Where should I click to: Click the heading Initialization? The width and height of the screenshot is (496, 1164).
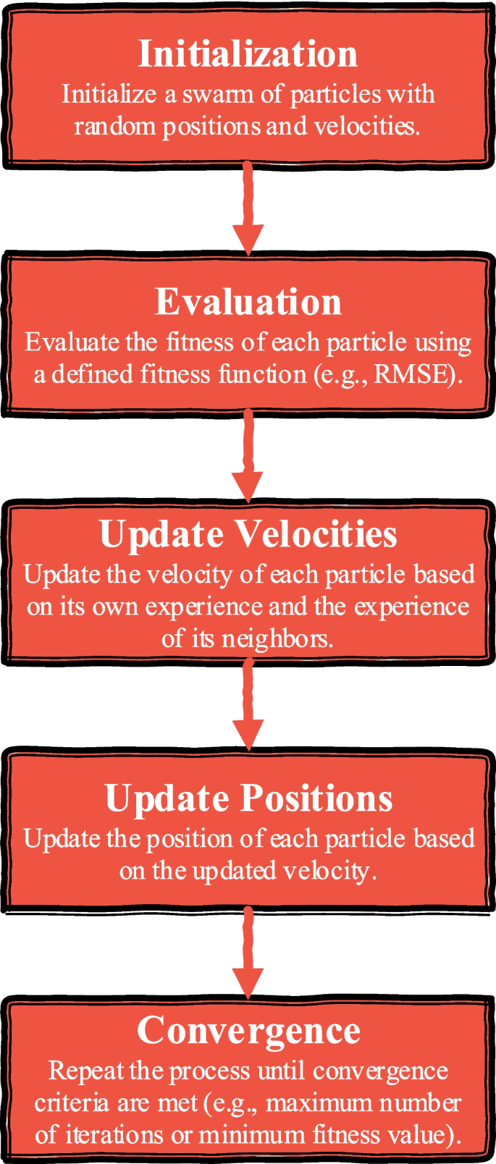tap(248, 54)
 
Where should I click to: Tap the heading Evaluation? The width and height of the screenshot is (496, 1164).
tap(248, 302)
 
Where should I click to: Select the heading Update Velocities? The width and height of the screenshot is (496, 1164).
tap(248, 534)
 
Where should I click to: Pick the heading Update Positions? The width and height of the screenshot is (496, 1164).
tap(248, 798)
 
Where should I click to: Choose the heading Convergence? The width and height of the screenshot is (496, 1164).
tap(248, 1030)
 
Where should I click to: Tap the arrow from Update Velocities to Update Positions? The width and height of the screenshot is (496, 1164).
tap(248, 706)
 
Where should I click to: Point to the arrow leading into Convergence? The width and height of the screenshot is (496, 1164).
tap(248, 953)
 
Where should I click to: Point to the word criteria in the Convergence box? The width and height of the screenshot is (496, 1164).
tap(70, 1102)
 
